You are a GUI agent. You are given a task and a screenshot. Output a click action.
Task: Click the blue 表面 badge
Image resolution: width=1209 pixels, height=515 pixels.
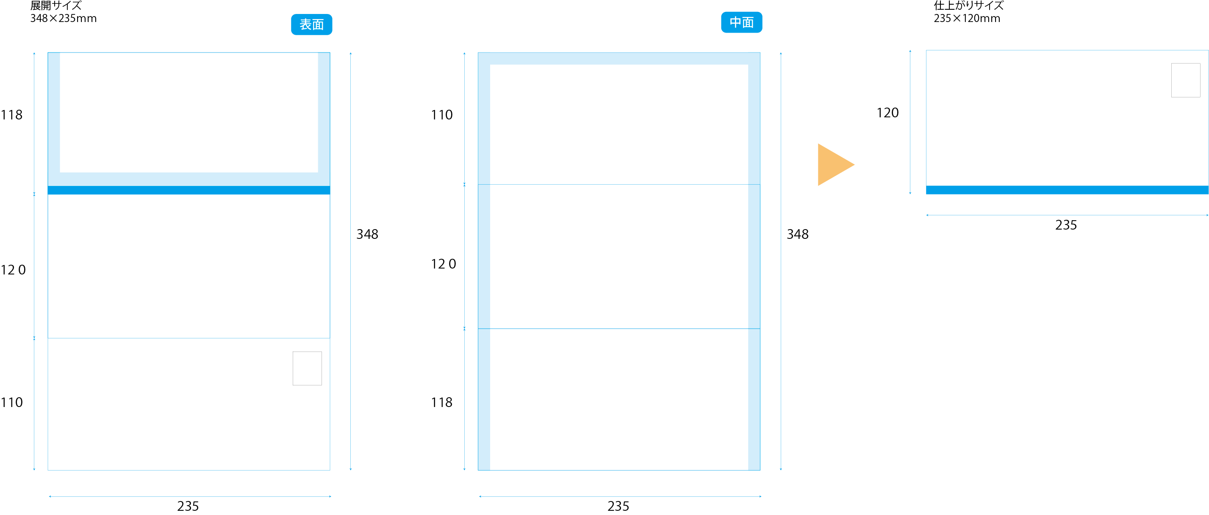[311, 25]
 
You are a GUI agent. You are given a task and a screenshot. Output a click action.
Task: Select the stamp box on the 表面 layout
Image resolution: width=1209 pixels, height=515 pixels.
[307, 368]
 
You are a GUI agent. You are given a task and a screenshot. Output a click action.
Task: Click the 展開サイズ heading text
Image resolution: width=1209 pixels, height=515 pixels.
[56, 6]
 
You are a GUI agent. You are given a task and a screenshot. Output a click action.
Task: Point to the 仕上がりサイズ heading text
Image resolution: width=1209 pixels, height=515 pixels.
[968, 6]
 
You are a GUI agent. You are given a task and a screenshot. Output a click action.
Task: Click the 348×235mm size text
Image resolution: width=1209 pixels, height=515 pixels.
[64, 18]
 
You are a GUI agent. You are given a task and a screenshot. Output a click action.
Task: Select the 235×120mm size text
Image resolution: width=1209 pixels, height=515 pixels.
[966, 18]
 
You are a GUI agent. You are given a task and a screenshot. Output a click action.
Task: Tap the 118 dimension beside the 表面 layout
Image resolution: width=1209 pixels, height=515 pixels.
[12, 115]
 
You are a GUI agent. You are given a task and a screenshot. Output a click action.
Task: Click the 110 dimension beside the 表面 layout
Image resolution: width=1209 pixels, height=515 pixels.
[12, 402]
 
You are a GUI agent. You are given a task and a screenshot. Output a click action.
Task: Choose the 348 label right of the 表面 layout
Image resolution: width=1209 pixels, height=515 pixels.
[367, 234]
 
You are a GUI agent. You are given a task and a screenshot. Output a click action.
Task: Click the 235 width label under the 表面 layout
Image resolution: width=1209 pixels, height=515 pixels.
[188, 506]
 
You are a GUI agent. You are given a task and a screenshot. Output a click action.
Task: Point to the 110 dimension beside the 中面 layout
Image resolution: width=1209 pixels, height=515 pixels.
[442, 115]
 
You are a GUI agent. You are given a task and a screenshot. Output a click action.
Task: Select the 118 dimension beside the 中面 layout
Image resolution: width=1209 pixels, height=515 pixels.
[442, 402]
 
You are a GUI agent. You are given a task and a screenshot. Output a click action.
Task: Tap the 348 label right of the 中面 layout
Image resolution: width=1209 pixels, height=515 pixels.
[797, 234]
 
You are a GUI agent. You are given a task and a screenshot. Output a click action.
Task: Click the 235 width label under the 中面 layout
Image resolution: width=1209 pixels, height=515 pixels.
[618, 506]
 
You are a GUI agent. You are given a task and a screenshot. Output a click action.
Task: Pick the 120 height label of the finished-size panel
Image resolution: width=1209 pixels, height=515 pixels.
[887, 113]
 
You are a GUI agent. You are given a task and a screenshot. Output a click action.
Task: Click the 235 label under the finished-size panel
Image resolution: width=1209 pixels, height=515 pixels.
[1066, 225]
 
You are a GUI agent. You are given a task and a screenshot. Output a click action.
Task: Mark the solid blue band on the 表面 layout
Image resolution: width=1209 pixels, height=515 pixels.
[189, 190]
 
